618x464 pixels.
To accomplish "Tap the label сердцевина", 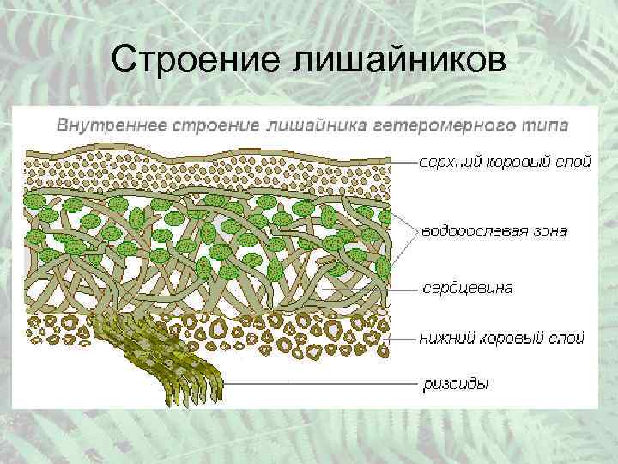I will pyautogui.click(x=467, y=288).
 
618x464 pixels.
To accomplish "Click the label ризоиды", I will pyautogui.click(x=455, y=383).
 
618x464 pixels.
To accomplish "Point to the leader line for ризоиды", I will pyautogui.click(x=318, y=382).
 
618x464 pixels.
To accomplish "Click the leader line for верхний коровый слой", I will pyautogui.click(x=403, y=161).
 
